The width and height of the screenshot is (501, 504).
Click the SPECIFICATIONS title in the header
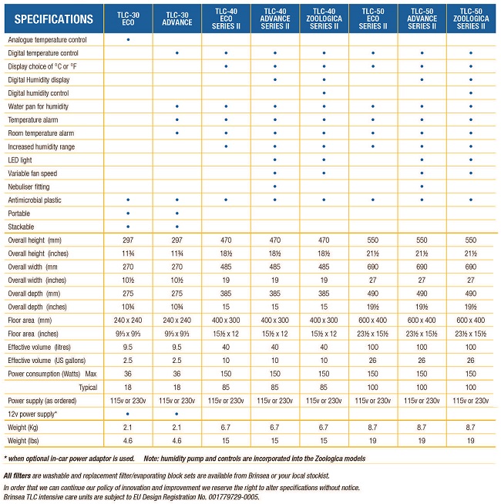pos(54,19)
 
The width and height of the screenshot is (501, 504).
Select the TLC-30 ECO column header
pos(128,18)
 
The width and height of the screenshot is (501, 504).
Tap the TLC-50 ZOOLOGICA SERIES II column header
pos(471,18)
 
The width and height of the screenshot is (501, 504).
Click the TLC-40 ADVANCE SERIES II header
pos(275,18)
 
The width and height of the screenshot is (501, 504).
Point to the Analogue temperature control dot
pos(128,39)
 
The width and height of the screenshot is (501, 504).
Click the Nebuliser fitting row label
pos(29,186)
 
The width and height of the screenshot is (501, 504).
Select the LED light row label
pos(20,160)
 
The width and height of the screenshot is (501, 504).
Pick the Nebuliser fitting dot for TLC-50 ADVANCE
pos(422,186)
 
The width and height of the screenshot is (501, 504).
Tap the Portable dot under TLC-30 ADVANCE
pos(177,213)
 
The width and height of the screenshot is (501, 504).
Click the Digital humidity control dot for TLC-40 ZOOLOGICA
pos(324,93)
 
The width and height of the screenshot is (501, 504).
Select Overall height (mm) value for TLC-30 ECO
pos(128,240)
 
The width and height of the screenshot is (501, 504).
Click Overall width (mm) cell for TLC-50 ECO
pos(373,267)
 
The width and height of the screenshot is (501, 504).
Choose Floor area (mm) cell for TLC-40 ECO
pos(226,320)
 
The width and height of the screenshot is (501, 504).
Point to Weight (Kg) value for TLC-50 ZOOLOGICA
pos(470,427)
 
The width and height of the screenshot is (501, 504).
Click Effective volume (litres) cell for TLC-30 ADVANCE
pos(177,347)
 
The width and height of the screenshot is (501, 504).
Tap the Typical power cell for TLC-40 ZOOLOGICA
pos(324,388)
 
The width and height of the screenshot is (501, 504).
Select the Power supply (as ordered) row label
pos(42,401)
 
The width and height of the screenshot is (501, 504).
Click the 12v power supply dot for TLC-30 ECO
pos(128,414)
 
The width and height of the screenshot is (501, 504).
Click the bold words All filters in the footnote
pos(18,475)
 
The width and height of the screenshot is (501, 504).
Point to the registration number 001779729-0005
pos(234,497)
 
